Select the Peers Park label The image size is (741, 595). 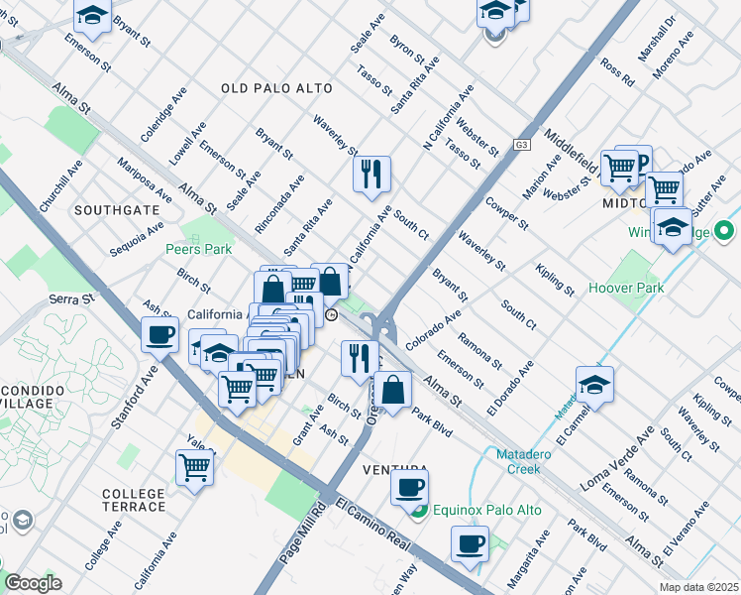pyautogui.click(x=199, y=249)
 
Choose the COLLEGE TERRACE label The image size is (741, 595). pyautogui.click(x=134, y=500)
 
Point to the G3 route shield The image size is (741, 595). pyautogui.click(x=521, y=144)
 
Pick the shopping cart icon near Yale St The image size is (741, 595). pyautogui.click(x=194, y=466)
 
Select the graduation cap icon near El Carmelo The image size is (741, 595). pyautogui.click(x=594, y=384)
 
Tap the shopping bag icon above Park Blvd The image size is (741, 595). pyautogui.click(x=393, y=389)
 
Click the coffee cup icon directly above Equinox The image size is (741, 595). pyautogui.click(x=408, y=486)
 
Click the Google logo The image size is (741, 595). pyautogui.click(x=33, y=583)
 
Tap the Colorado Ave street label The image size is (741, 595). pyautogui.click(x=432, y=329)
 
